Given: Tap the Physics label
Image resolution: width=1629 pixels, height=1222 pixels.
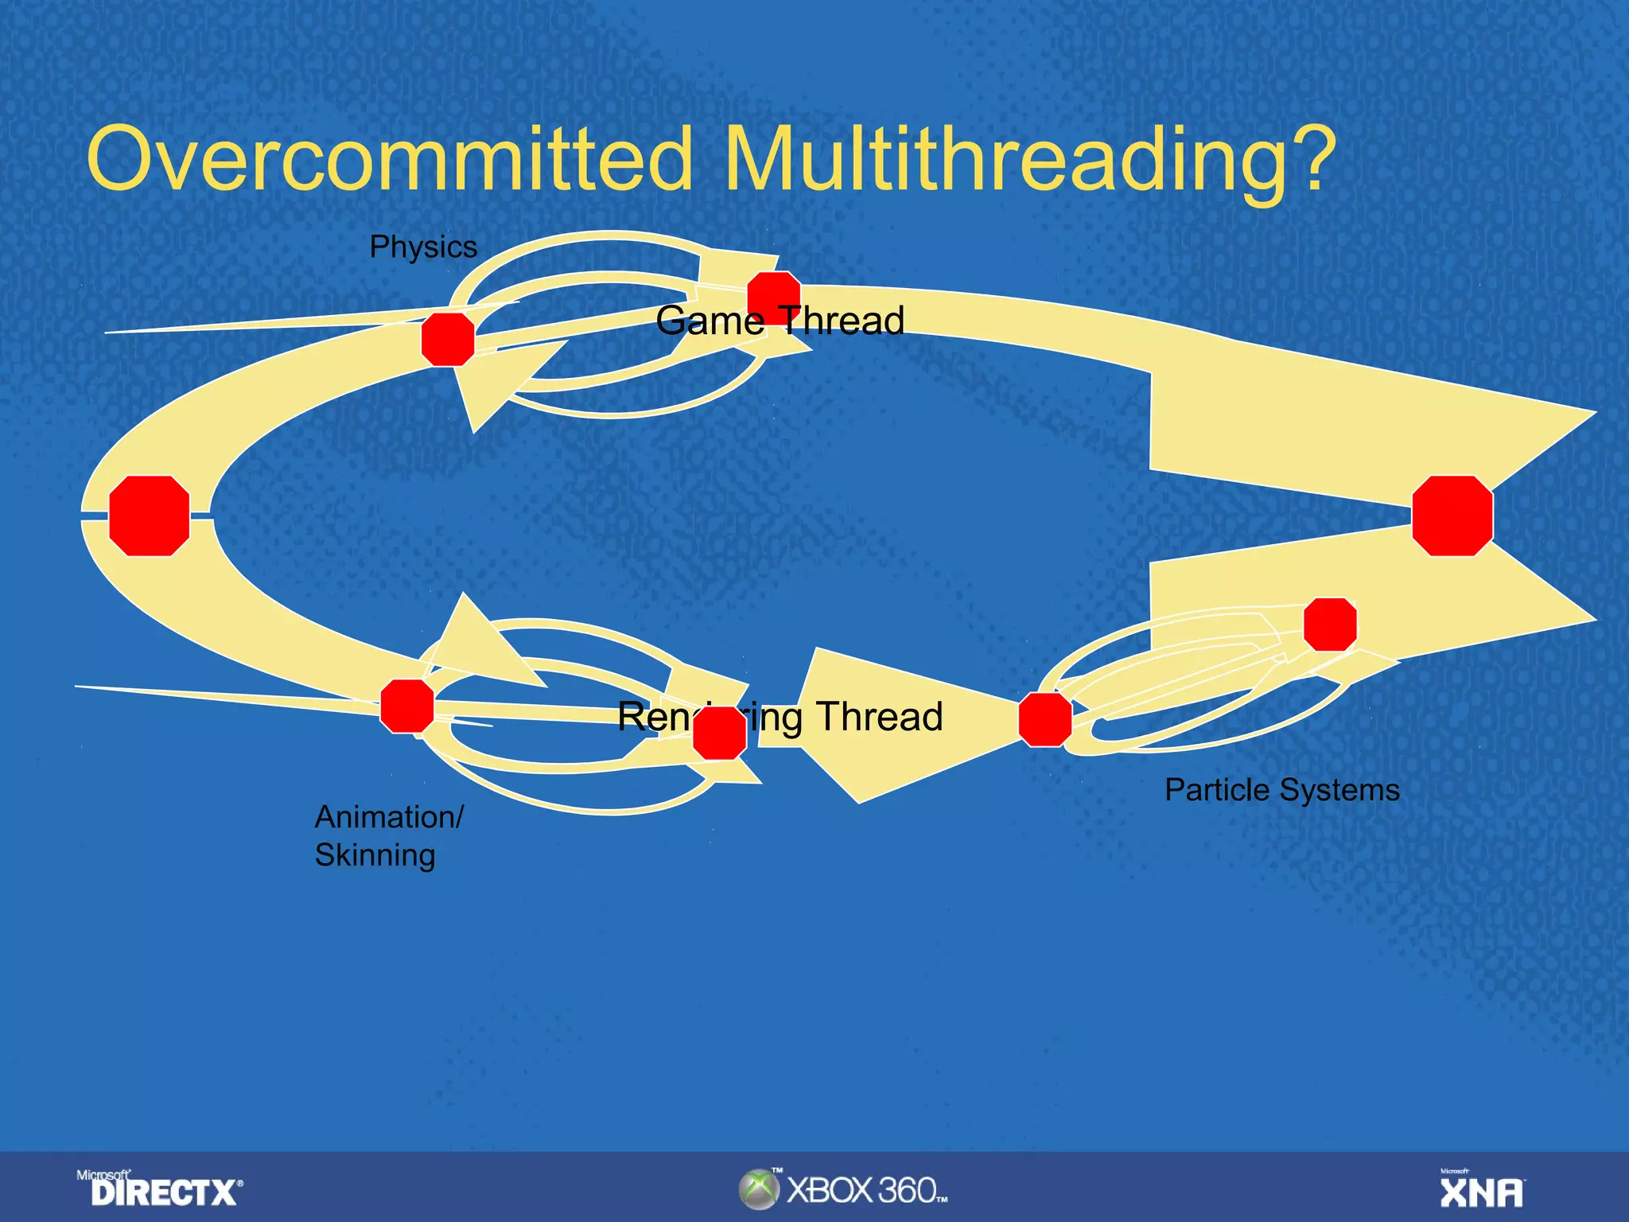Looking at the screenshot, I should (x=423, y=247).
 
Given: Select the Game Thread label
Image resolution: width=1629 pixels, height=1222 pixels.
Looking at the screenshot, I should (x=780, y=321).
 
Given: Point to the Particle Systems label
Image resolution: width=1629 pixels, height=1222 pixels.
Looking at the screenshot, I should (x=1281, y=790).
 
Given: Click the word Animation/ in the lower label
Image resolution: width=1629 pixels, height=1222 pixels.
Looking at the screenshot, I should (x=389, y=817).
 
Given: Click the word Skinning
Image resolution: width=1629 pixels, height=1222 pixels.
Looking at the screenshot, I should (x=375, y=855).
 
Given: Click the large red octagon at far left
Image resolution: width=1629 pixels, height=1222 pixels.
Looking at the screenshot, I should (x=150, y=516).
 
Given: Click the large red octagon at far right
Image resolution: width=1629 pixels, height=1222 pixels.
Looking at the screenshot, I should (x=1452, y=516).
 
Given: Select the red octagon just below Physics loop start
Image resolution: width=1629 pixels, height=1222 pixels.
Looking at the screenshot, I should (x=448, y=340).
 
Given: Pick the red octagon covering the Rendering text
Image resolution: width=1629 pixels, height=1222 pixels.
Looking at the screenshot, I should (x=719, y=733).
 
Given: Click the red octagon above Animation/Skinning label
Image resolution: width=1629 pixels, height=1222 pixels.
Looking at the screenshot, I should (x=407, y=706).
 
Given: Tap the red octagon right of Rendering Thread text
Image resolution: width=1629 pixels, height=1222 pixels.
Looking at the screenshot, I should (x=1045, y=719).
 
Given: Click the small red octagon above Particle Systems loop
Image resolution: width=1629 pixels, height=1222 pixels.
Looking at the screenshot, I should (x=1330, y=625).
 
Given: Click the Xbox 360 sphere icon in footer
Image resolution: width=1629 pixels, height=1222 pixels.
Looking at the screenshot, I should (x=758, y=1190).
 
